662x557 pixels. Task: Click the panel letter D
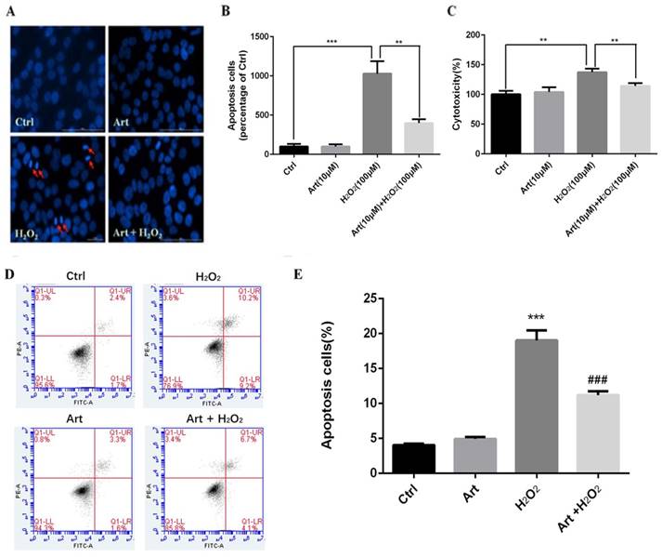coord(10,277)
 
